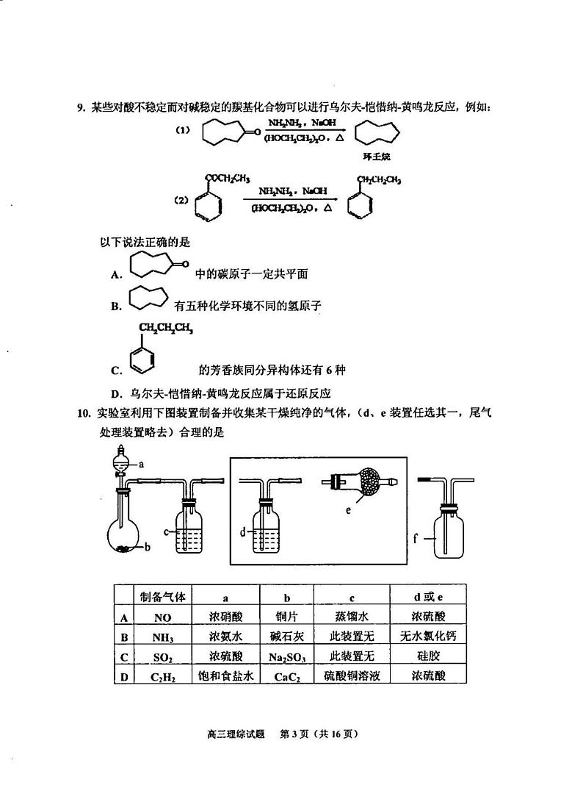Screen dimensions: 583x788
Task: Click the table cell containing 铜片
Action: (287, 617)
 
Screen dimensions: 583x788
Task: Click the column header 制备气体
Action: (162, 596)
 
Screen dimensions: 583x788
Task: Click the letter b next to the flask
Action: (147, 546)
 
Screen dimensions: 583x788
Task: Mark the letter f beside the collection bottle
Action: (416, 539)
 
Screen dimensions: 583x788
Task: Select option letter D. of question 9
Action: (115, 393)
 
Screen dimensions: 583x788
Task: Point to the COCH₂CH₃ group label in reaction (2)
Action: (228, 178)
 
